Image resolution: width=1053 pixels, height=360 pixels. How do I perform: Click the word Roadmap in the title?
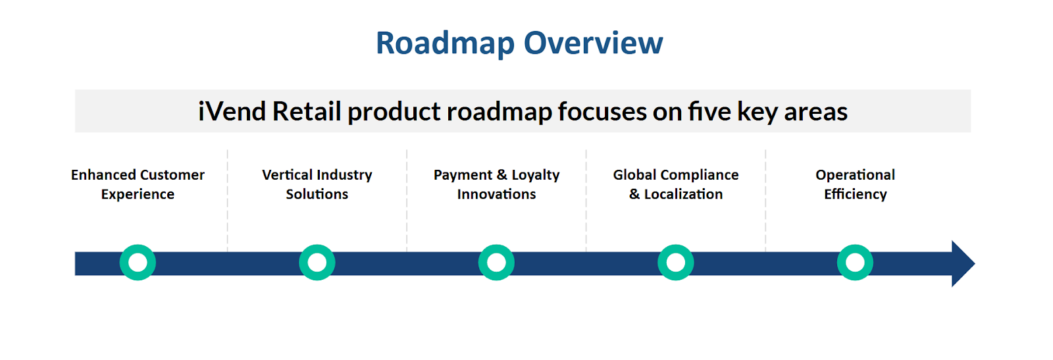pos(445,43)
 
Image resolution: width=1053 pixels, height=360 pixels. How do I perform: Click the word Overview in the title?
pos(593,43)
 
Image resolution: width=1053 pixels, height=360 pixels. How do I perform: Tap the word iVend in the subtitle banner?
pos(232,111)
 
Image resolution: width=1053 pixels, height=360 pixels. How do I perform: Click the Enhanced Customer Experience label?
pos(138,184)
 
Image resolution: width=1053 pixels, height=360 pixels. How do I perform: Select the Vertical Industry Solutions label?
pos(317,184)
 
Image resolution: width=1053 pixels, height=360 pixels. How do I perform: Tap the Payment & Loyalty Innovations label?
pos(496,184)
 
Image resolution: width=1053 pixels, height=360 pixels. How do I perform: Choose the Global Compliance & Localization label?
pos(676,184)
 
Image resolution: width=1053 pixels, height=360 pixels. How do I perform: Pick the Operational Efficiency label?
pos(856,184)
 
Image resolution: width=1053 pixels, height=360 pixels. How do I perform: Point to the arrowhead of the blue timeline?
pos(974,264)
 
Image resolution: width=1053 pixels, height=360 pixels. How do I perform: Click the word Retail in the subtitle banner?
pos(307,111)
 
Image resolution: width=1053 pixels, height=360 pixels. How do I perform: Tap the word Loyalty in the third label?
pos(536,175)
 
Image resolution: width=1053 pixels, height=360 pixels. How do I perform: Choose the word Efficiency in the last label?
pos(856,195)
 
